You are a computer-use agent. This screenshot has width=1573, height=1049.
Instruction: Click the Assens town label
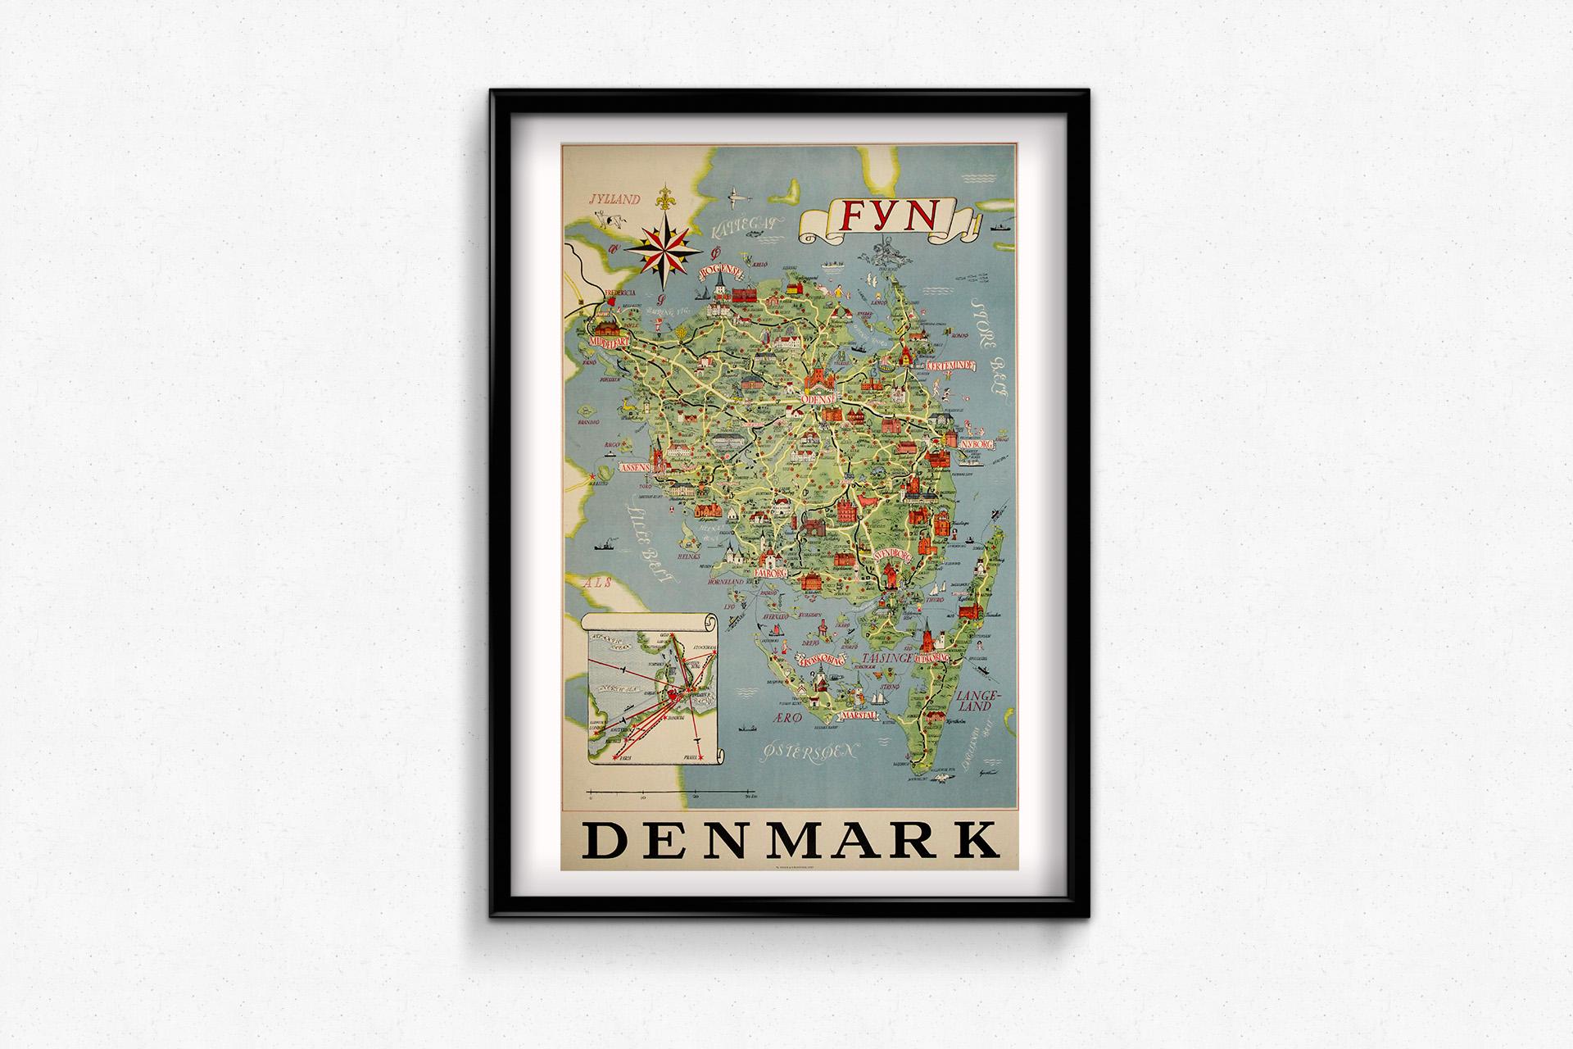(636, 466)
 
